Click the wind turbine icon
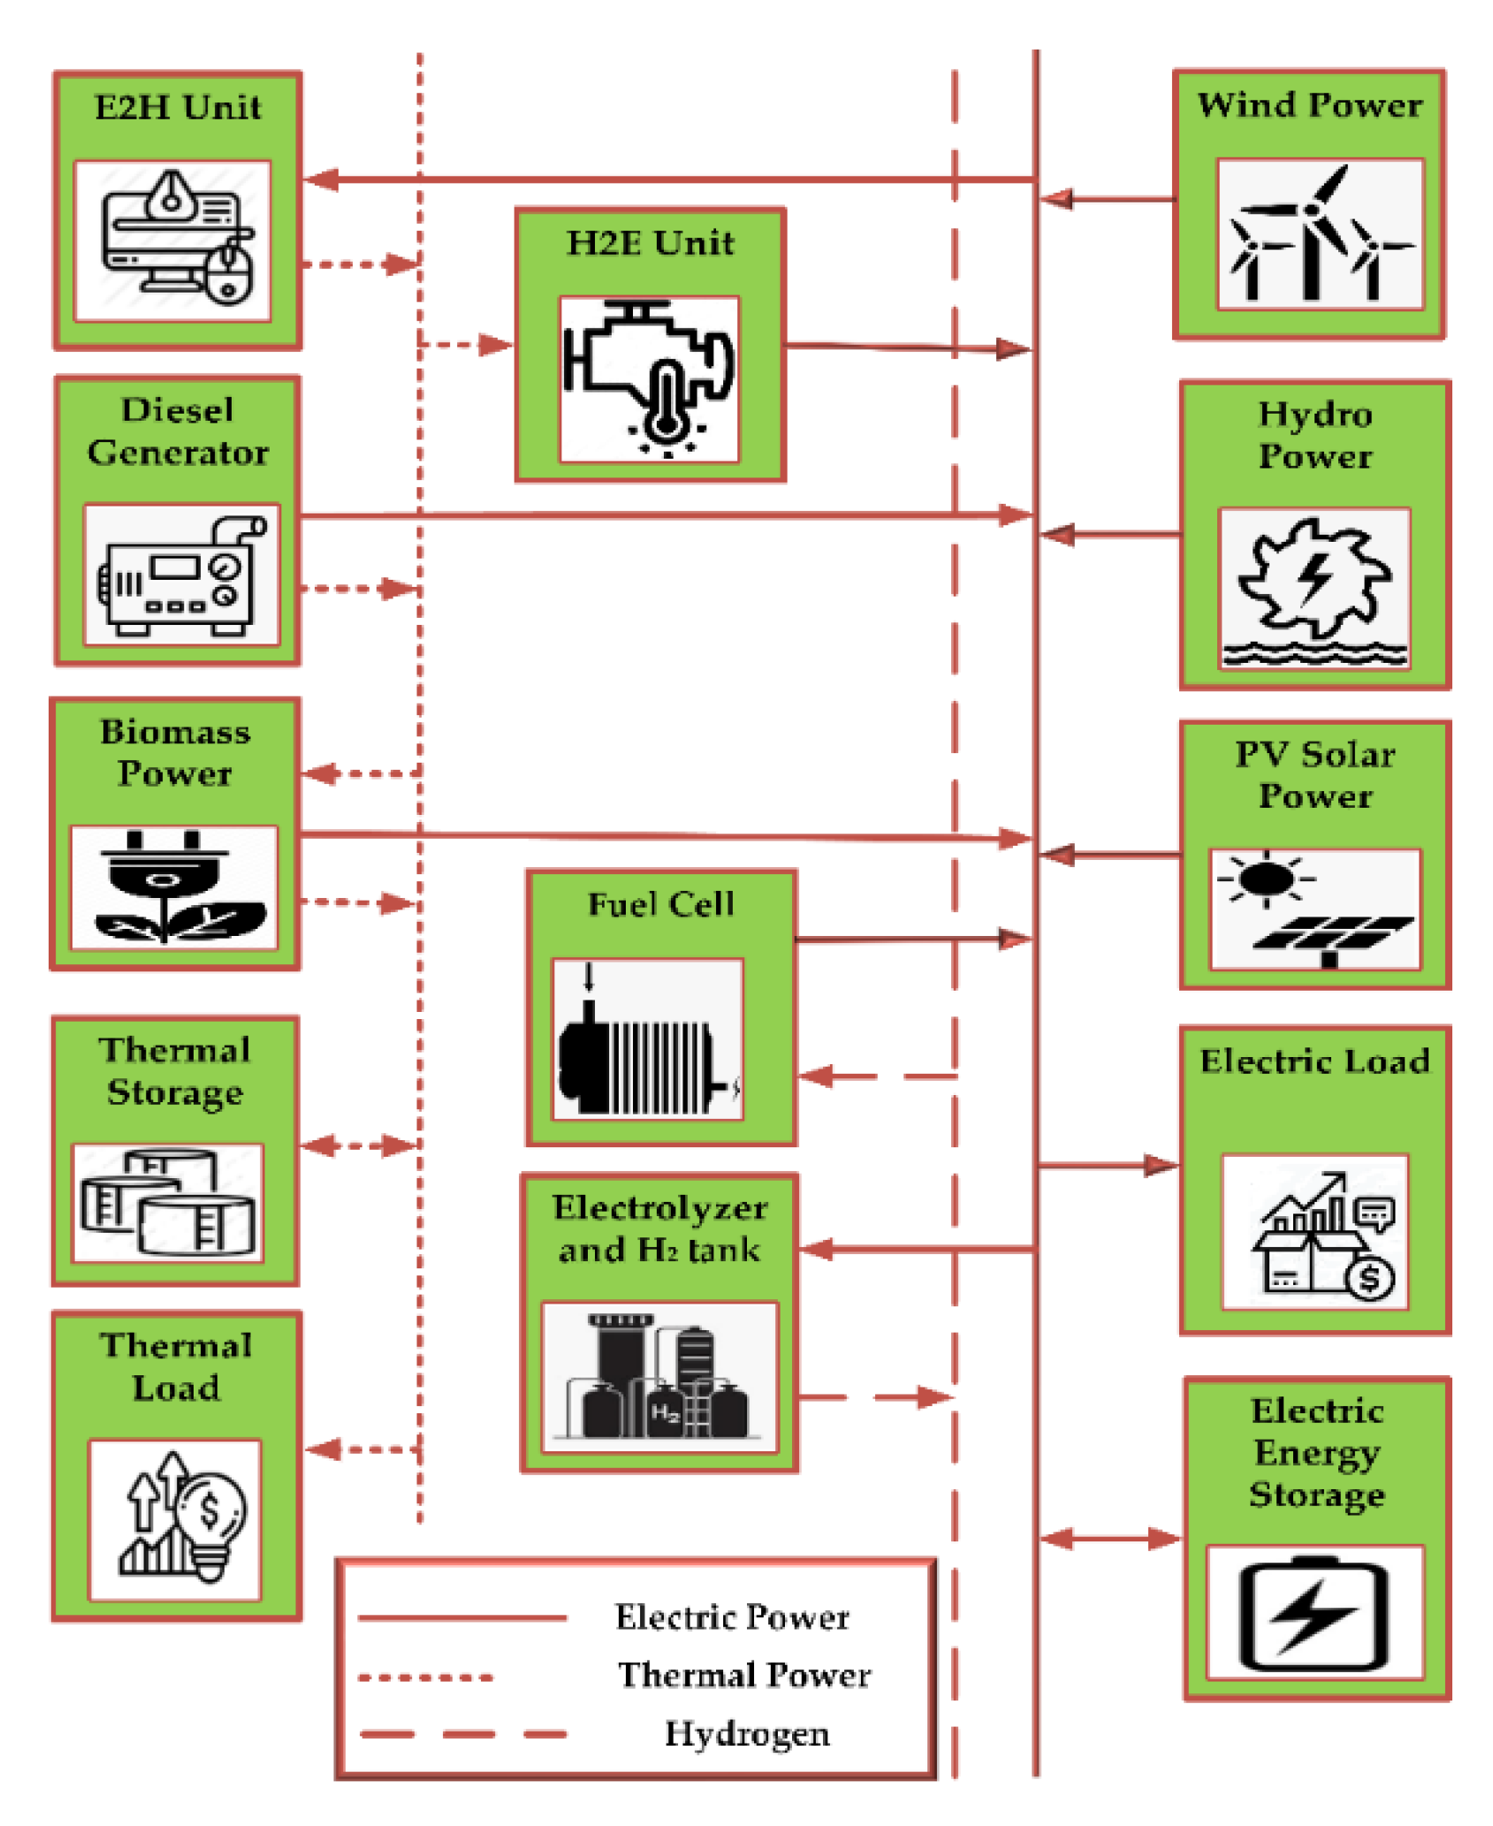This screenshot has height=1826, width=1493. coord(1320,234)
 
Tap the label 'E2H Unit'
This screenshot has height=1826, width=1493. coord(178,108)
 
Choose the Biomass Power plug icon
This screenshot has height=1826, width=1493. coord(174,886)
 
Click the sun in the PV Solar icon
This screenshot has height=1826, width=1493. coord(1266,879)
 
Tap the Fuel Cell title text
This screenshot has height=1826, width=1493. coord(661,904)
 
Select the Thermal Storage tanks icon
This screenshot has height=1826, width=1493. coord(168,1201)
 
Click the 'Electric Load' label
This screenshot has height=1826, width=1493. coord(1314,1061)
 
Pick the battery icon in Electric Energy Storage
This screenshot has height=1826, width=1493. coord(1314,1614)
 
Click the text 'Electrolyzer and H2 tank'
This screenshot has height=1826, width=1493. coord(659,1229)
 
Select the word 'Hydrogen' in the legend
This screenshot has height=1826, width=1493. coord(747,1734)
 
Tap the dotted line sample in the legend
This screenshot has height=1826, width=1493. coord(426,1677)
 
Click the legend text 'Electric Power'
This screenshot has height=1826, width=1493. coord(733,1617)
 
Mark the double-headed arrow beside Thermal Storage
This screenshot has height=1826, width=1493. coord(360,1146)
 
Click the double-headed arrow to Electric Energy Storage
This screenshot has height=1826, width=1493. coord(1110,1539)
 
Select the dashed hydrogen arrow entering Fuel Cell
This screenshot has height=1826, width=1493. coord(878,1077)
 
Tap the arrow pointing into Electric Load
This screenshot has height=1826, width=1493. coord(1108,1166)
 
